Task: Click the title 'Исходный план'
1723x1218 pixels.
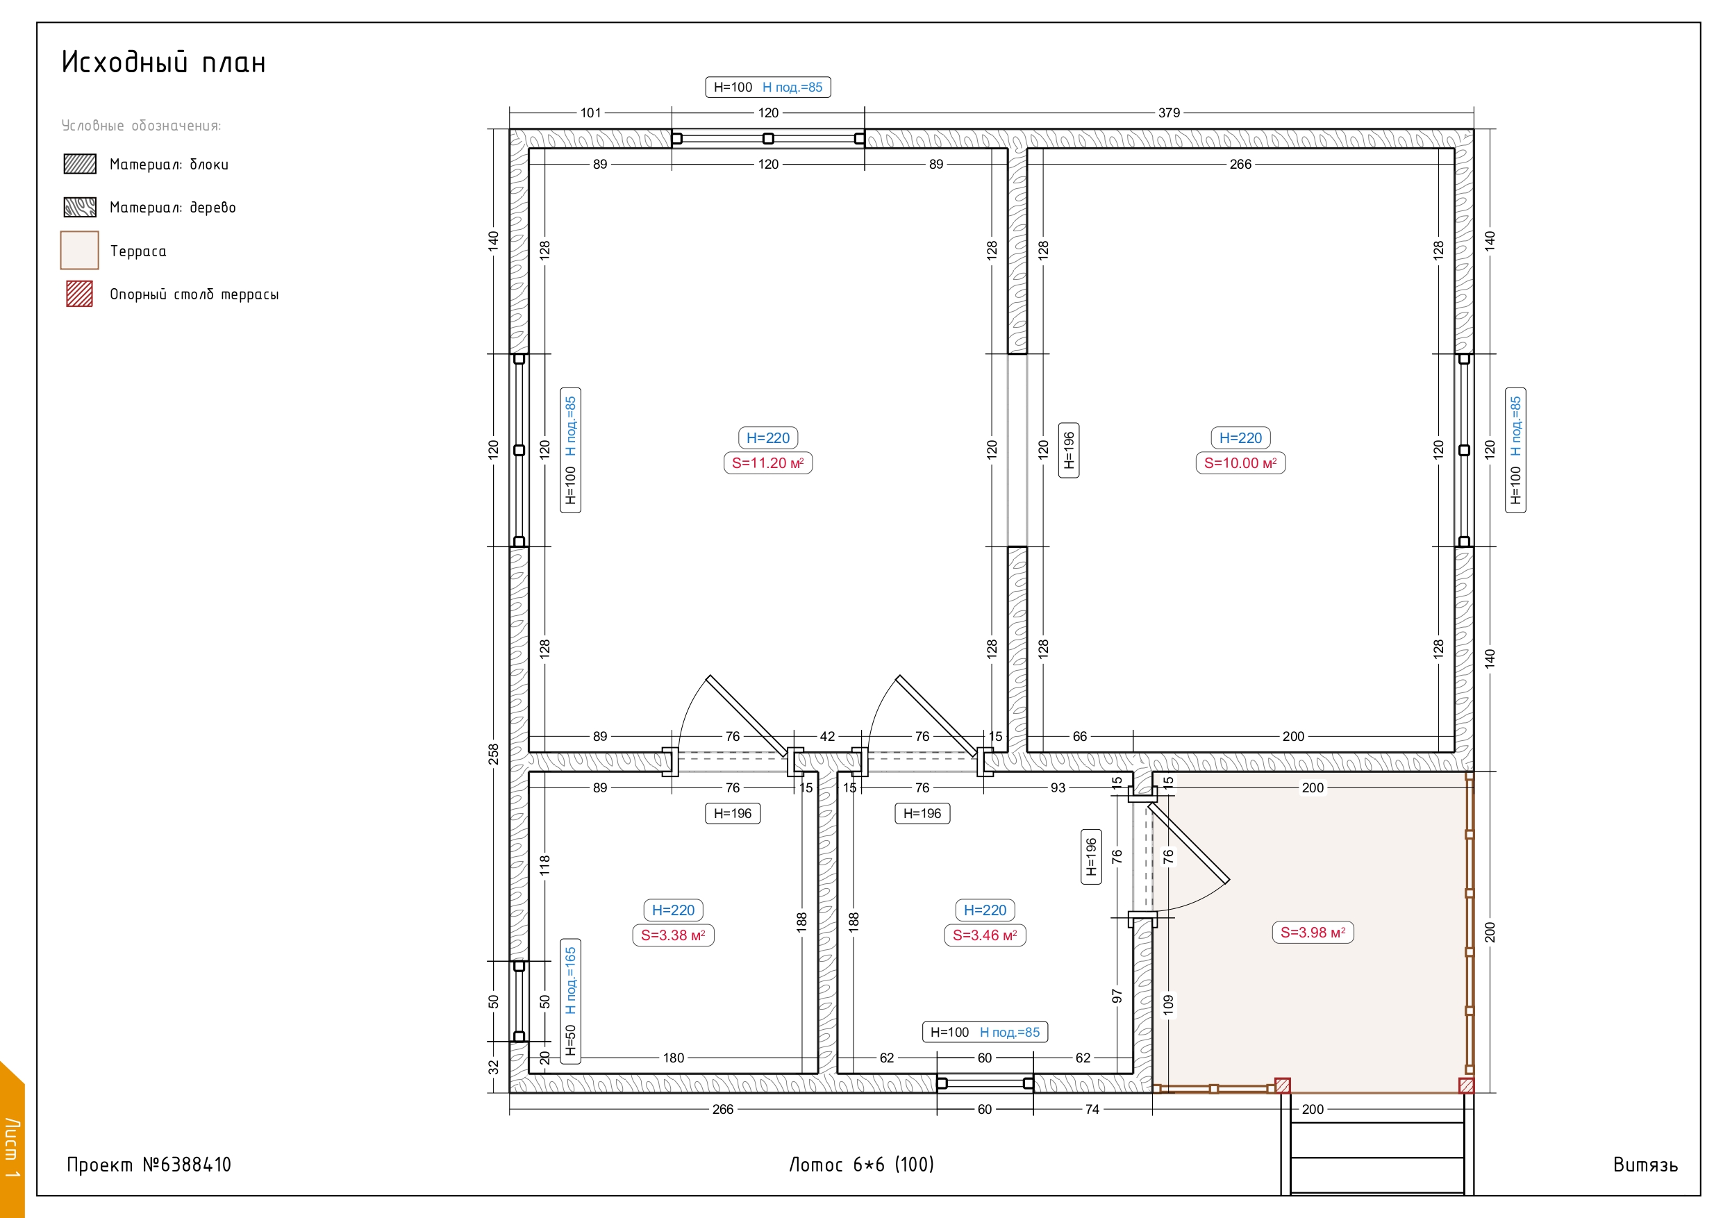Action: [164, 62]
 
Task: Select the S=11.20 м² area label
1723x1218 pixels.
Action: [767, 463]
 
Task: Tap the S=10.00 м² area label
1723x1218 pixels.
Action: [1240, 463]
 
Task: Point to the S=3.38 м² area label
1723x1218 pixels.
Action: [673, 935]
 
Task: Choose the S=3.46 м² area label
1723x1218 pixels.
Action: [985, 935]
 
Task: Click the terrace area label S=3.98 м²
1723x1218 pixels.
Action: [1313, 932]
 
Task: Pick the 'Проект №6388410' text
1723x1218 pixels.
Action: [149, 1165]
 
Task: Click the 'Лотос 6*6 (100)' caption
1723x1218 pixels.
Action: [861, 1165]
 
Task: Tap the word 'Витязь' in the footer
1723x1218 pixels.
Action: [1645, 1165]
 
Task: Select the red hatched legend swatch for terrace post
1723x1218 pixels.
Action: [80, 294]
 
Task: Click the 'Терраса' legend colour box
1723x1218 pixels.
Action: [80, 250]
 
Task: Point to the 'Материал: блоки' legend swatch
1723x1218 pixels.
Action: [80, 164]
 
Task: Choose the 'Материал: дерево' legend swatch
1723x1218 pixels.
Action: [80, 207]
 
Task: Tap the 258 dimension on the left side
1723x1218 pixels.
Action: [493, 754]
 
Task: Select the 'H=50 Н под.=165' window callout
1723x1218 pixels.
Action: [570, 1001]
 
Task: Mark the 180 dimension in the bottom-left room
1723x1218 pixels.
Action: [673, 1058]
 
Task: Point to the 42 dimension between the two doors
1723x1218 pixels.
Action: [827, 736]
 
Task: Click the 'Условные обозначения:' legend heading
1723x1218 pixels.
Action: [141, 125]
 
